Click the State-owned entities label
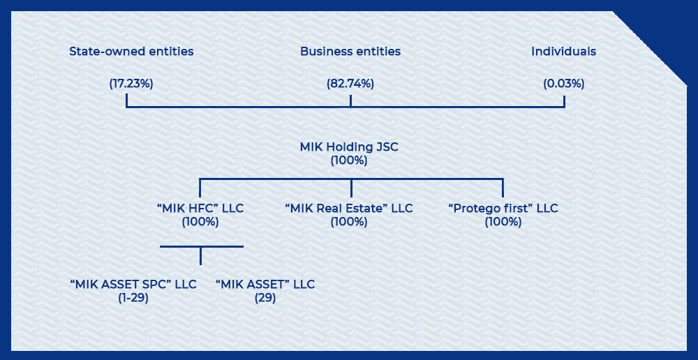[131, 52]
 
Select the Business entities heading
[350, 52]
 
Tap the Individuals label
[563, 52]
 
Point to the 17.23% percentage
[131, 84]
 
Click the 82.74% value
[350, 84]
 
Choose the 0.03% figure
[563, 84]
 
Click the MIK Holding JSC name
[349, 148]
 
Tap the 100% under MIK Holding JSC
[349, 160]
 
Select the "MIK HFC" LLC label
[200, 209]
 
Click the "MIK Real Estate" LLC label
[349, 209]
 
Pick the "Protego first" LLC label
[503, 209]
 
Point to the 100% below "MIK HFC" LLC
[200, 222]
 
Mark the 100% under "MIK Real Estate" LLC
[349, 222]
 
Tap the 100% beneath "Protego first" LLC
[503, 222]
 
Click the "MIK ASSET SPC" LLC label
[133, 285]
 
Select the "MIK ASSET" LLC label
[265, 285]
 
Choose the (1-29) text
[133, 298]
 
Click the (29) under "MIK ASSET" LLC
[265, 298]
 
